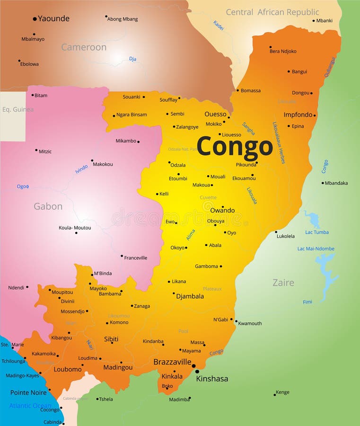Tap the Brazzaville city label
point(172,362)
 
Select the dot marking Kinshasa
point(197,372)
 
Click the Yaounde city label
point(54,19)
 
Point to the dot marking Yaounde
point(35,19)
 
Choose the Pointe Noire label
point(28,392)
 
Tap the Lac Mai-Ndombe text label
point(316,248)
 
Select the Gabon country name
point(48,206)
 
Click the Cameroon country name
point(84,47)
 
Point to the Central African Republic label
point(272,12)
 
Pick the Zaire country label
point(283,283)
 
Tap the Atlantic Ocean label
point(30,406)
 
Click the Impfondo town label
point(298,115)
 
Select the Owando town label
point(222,211)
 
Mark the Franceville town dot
point(122,256)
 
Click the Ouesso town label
point(215,114)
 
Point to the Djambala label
point(190,296)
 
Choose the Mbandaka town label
point(336,183)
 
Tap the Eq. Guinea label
point(18,109)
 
